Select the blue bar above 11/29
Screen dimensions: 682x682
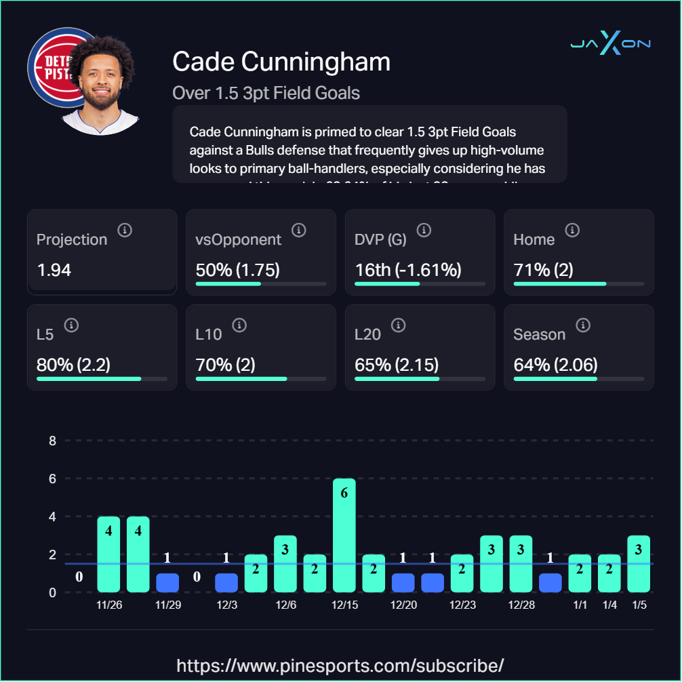167,582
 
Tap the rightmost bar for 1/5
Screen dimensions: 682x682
639,563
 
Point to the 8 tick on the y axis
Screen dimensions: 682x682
52,441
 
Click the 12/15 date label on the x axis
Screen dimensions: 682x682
344,605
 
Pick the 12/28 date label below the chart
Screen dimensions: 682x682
521,605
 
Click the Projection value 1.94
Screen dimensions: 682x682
54,270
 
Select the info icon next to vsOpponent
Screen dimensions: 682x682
298,230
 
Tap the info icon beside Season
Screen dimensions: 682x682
582,325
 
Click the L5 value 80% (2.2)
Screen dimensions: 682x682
73,365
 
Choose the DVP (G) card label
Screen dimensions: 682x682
382,239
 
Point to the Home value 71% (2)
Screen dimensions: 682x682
544,270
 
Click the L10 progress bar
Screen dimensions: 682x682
261,379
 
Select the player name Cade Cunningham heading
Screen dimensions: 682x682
281,62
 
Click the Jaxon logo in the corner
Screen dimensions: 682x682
610,43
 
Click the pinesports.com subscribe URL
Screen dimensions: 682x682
340,664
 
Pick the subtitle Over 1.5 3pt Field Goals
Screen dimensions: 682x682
266,93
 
